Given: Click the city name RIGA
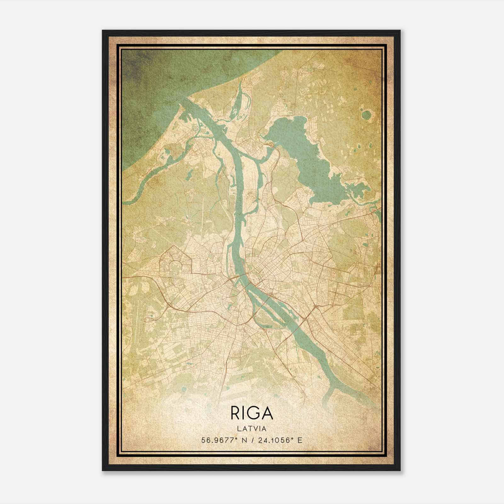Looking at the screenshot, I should (252, 413).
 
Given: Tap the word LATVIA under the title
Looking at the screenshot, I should (252, 429).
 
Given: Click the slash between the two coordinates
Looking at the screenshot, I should (254, 440).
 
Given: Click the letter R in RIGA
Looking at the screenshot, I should (236, 413).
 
